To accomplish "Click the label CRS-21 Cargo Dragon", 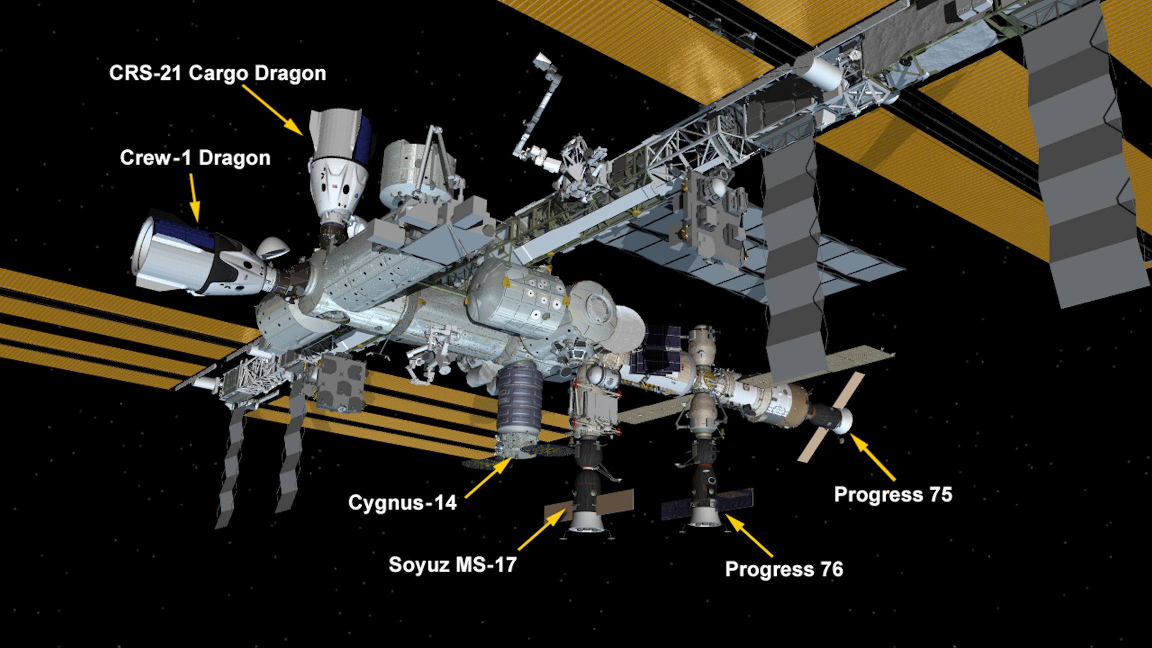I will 217,73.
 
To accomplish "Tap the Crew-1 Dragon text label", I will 195,158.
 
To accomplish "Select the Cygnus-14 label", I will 402,502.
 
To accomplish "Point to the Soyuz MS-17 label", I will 452,564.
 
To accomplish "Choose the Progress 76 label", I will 784,569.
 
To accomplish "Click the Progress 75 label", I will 893,494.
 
